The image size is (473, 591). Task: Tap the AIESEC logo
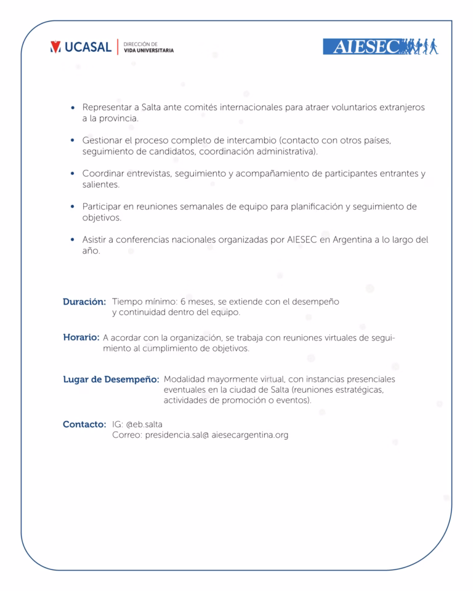coord(380,47)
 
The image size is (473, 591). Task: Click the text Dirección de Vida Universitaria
coord(148,47)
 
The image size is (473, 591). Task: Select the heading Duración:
coord(84,302)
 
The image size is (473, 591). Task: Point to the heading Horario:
coord(81,337)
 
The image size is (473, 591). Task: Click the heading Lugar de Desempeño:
coord(111,379)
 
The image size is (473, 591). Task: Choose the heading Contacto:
coord(84,424)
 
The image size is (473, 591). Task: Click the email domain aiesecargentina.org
coord(249,435)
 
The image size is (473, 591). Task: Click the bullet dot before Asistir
coord(73,239)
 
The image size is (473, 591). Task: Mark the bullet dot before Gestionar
coord(73,140)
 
